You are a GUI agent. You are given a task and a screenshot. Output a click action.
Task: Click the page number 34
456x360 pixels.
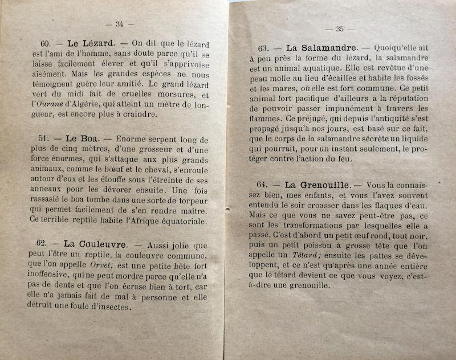point(120,24)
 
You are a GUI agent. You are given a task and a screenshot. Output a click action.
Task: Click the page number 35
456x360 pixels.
point(340,28)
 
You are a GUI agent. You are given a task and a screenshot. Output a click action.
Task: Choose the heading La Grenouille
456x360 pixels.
point(315,185)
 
